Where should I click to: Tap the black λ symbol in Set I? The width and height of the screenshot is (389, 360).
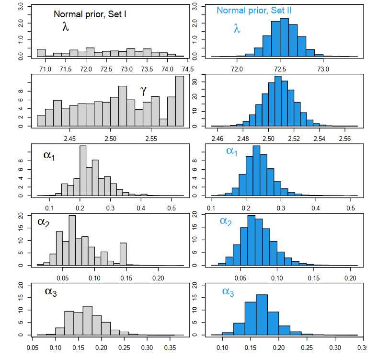[66, 27]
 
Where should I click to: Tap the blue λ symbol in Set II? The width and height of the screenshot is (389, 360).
[237, 29]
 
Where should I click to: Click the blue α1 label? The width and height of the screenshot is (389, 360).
[232, 151]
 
